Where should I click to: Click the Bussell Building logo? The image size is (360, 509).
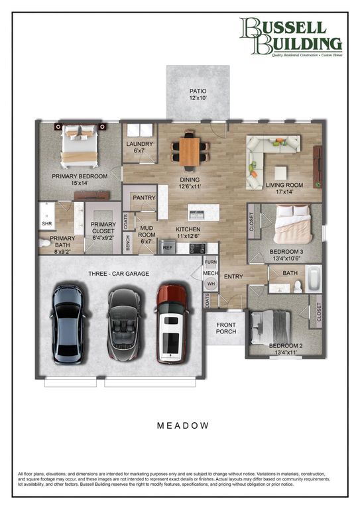click(x=291, y=36)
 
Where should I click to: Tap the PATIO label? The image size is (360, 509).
click(x=198, y=95)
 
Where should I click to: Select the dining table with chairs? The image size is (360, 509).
click(x=190, y=151)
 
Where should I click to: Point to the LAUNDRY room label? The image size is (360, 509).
click(x=139, y=147)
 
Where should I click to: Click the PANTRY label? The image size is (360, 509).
click(x=144, y=198)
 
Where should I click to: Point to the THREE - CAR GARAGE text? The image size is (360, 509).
click(x=119, y=274)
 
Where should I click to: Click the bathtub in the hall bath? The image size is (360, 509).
click(x=312, y=278)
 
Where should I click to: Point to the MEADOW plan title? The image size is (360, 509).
click(x=184, y=425)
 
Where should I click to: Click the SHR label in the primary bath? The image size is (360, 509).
click(x=46, y=224)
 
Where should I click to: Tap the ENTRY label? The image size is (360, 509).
click(x=233, y=276)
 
